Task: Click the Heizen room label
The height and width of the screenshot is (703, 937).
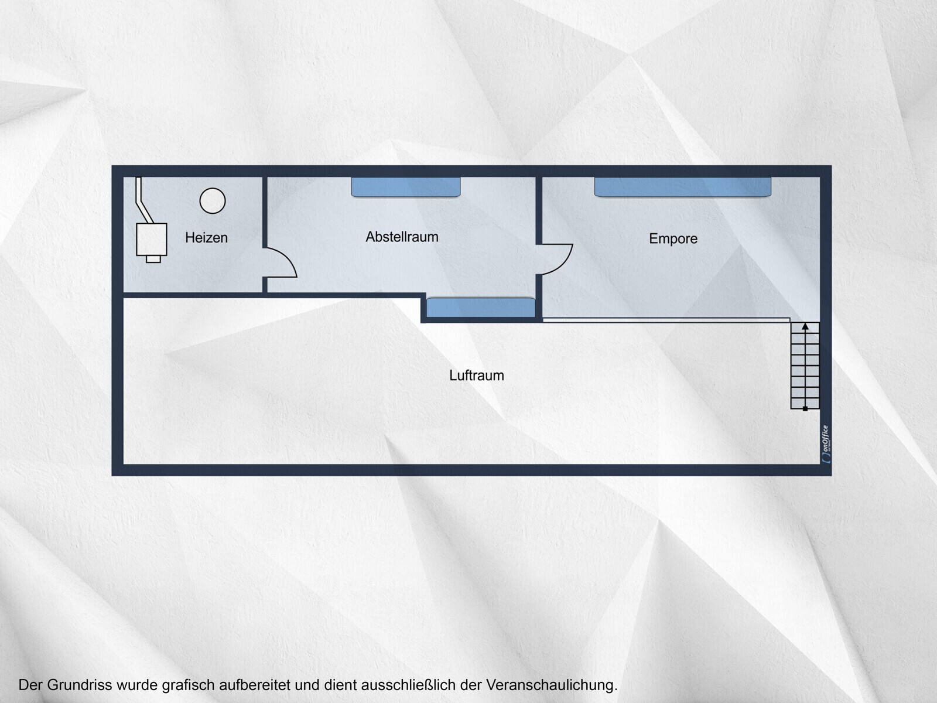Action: click(206, 238)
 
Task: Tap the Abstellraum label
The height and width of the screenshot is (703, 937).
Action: click(402, 237)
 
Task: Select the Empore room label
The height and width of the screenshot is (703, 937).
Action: click(673, 238)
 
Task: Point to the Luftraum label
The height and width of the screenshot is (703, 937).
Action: click(476, 376)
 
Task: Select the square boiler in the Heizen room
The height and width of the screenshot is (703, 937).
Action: click(152, 240)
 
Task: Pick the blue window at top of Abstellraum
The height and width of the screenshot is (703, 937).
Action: click(405, 187)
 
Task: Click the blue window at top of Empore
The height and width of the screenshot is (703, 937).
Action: click(683, 187)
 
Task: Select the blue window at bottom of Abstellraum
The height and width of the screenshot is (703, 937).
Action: click(481, 308)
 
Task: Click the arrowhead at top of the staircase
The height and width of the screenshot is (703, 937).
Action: click(805, 326)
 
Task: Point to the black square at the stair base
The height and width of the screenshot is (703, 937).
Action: click(805, 409)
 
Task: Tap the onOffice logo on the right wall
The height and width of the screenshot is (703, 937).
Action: click(826, 444)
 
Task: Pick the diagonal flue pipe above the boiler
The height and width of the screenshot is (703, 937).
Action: click(143, 200)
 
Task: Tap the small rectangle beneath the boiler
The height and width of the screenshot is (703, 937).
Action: click(153, 259)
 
